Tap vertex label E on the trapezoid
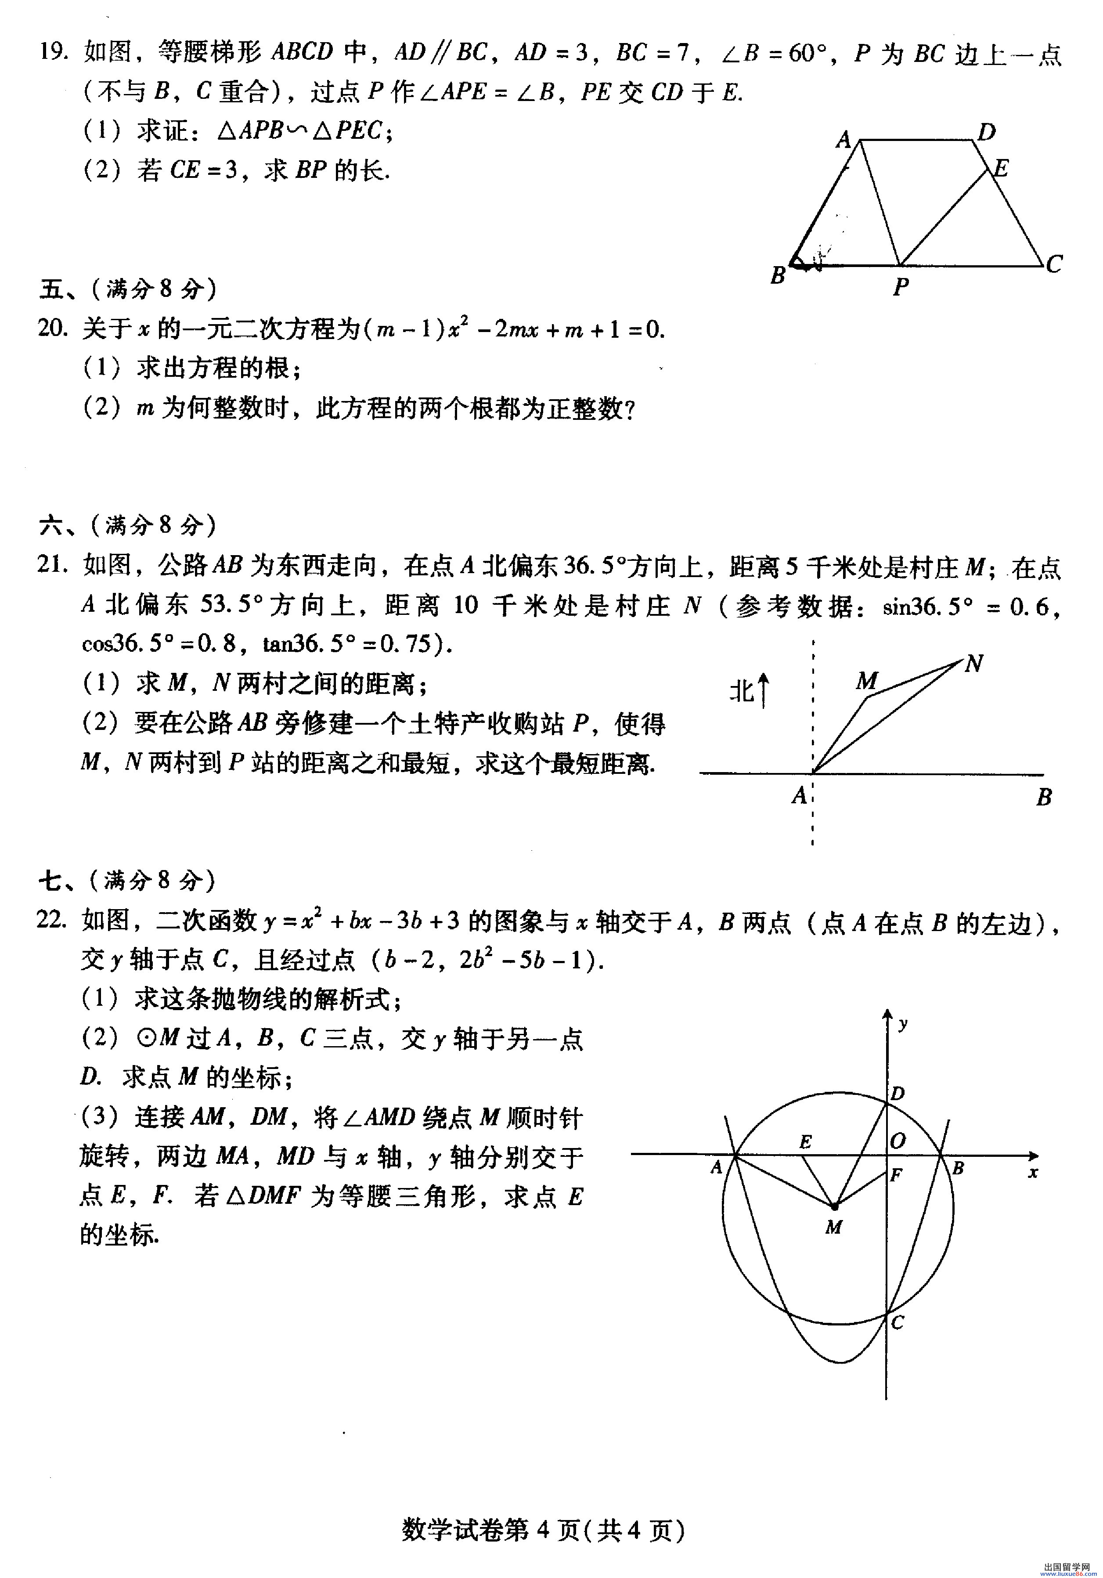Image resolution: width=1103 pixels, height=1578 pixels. pos(1001,168)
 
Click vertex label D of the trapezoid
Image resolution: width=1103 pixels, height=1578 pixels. pos(986,132)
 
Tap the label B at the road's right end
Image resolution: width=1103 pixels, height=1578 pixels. pos(1044,797)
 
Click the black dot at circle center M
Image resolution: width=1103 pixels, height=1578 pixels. pos(834,1206)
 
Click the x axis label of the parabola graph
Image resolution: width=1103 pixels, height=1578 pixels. pos(1032,1173)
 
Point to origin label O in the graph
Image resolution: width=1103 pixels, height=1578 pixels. pos(898,1141)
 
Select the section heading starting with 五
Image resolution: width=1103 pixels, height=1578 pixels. pos(128,289)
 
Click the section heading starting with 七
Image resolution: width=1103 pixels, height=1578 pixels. pos(127,881)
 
